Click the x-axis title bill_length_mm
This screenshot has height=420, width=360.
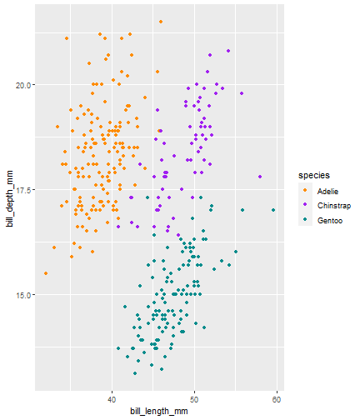coord(159,411)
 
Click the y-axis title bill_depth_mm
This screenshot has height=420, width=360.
coord(10,199)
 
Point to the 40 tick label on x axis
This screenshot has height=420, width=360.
coord(112,400)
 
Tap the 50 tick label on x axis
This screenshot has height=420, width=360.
coord(194,400)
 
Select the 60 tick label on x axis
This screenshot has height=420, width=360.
coord(277,400)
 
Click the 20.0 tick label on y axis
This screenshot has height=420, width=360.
coord(22,85)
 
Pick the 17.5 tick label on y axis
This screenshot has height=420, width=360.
coord(22,190)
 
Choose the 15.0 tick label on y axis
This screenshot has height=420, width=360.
coord(22,295)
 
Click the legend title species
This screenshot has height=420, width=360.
coord(314,176)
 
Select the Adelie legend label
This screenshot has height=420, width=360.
coord(327,192)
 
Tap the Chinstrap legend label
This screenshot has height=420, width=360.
coord(334,206)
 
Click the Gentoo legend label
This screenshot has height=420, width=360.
coord(330,221)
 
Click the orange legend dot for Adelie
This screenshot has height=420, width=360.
coord(305,190)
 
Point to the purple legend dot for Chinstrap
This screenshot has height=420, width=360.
coord(305,204)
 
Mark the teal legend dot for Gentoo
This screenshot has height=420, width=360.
coord(305,219)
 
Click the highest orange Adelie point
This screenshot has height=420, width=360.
coord(161,22)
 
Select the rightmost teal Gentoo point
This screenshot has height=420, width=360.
coord(273,210)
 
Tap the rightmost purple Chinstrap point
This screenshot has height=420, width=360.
coord(260,177)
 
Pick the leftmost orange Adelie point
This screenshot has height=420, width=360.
coord(46,273)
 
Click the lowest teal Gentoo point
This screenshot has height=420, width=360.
coord(135,373)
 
